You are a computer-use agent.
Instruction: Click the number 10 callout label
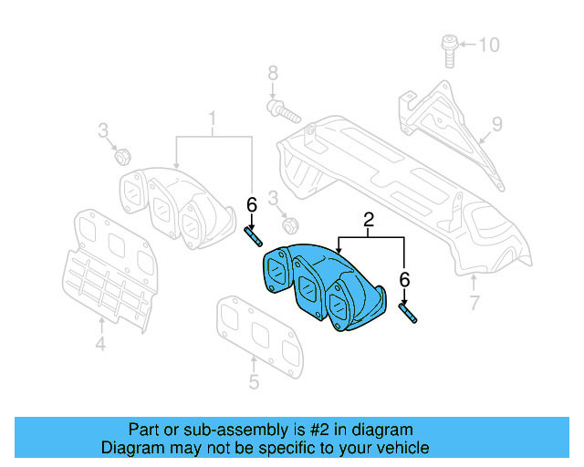(x=490, y=44)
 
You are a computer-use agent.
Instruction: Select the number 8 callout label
(x=271, y=74)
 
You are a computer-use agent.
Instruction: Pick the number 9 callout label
(x=497, y=123)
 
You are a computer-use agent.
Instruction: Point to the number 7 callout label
(x=474, y=303)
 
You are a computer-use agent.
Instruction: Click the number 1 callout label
(x=214, y=119)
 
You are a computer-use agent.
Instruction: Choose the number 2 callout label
(x=370, y=220)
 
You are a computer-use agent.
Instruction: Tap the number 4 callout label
(x=100, y=344)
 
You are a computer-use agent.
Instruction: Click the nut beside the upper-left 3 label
(x=120, y=156)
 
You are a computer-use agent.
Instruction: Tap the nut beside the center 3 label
(x=291, y=223)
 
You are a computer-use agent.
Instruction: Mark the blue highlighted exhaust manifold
(x=319, y=283)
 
